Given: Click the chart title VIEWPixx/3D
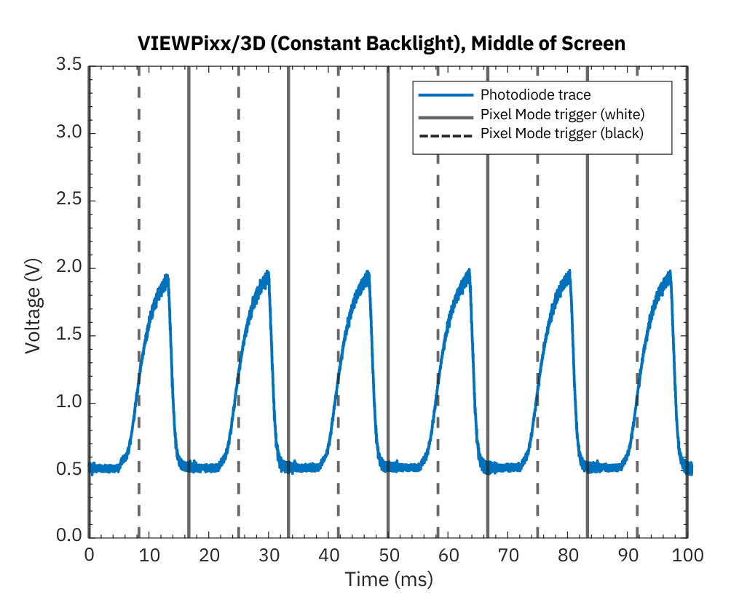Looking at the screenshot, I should [381, 44].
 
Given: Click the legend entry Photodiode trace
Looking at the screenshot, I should [535, 95].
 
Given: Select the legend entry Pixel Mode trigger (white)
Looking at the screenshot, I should [562, 114].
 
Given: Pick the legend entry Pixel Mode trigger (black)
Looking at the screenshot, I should [561, 134].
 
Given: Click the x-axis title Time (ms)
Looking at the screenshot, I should [389, 580].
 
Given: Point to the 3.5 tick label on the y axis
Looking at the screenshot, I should [69, 66].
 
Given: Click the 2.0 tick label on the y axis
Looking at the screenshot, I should [69, 268].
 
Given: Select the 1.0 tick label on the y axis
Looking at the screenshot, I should [69, 403].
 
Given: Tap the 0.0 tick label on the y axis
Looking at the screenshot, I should [69, 537].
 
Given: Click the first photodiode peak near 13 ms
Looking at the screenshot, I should [167, 276].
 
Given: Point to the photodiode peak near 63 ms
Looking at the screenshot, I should [468, 271].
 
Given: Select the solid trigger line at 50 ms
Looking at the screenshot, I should [388, 218].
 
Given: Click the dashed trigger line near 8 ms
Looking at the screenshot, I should [139, 218].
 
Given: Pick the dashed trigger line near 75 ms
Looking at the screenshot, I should [537, 218].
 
